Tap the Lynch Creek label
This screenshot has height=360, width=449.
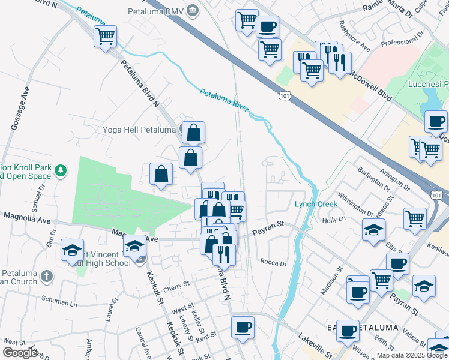click(316, 204)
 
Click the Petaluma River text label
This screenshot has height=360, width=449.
click(224, 100)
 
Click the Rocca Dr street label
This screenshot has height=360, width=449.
click(273, 262)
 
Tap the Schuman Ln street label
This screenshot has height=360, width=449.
click(59, 301)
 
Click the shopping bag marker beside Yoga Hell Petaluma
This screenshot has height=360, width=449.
click(194, 133)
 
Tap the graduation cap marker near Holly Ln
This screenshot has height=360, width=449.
click(373, 230)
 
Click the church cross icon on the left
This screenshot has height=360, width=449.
click(47, 277)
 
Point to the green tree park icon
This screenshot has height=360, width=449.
click(60, 172)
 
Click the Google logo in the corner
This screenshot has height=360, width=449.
click(20, 352)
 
